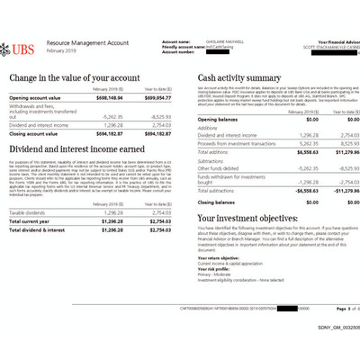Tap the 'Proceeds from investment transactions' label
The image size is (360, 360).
236,142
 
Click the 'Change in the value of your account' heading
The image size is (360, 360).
77,79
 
